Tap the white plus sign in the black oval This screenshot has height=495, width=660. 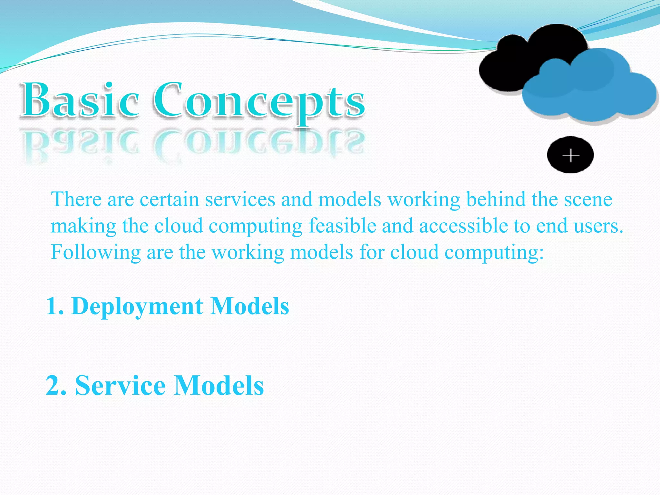[x=570, y=155]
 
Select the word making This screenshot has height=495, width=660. [x=83, y=226]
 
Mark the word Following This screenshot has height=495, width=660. [x=96, y=252]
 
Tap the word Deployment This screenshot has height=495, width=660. [x=137, y=306]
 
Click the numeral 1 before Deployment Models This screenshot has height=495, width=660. [x=52, y=306]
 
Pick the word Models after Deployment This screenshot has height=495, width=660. [x=250, y=306]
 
